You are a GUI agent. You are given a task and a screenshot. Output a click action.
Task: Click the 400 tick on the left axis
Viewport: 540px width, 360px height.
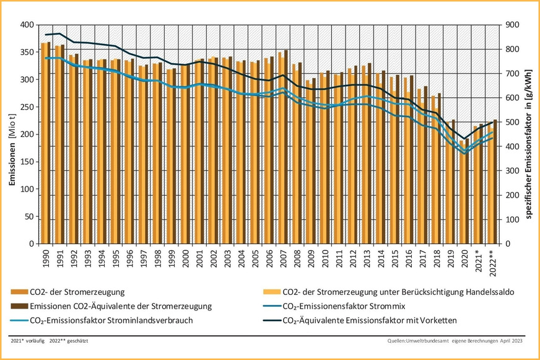pos(27,25)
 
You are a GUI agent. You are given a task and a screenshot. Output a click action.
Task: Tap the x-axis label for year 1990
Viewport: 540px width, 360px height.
pos(45,258)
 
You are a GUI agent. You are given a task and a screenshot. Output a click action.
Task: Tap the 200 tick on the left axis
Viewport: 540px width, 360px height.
pos(27,134)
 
